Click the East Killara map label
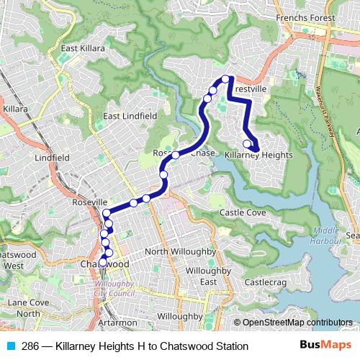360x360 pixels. click(x=83, y=48)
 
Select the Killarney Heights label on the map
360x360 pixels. click(x=258, y=155)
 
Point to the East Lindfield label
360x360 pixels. click(x=130, y=115)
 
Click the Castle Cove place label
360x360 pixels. click(x=243, y=212)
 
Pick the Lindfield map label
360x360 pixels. click(x=50, y=156)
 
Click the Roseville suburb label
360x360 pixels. click(x=90, y=203)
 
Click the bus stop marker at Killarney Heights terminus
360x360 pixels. click(x=248, y=143)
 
